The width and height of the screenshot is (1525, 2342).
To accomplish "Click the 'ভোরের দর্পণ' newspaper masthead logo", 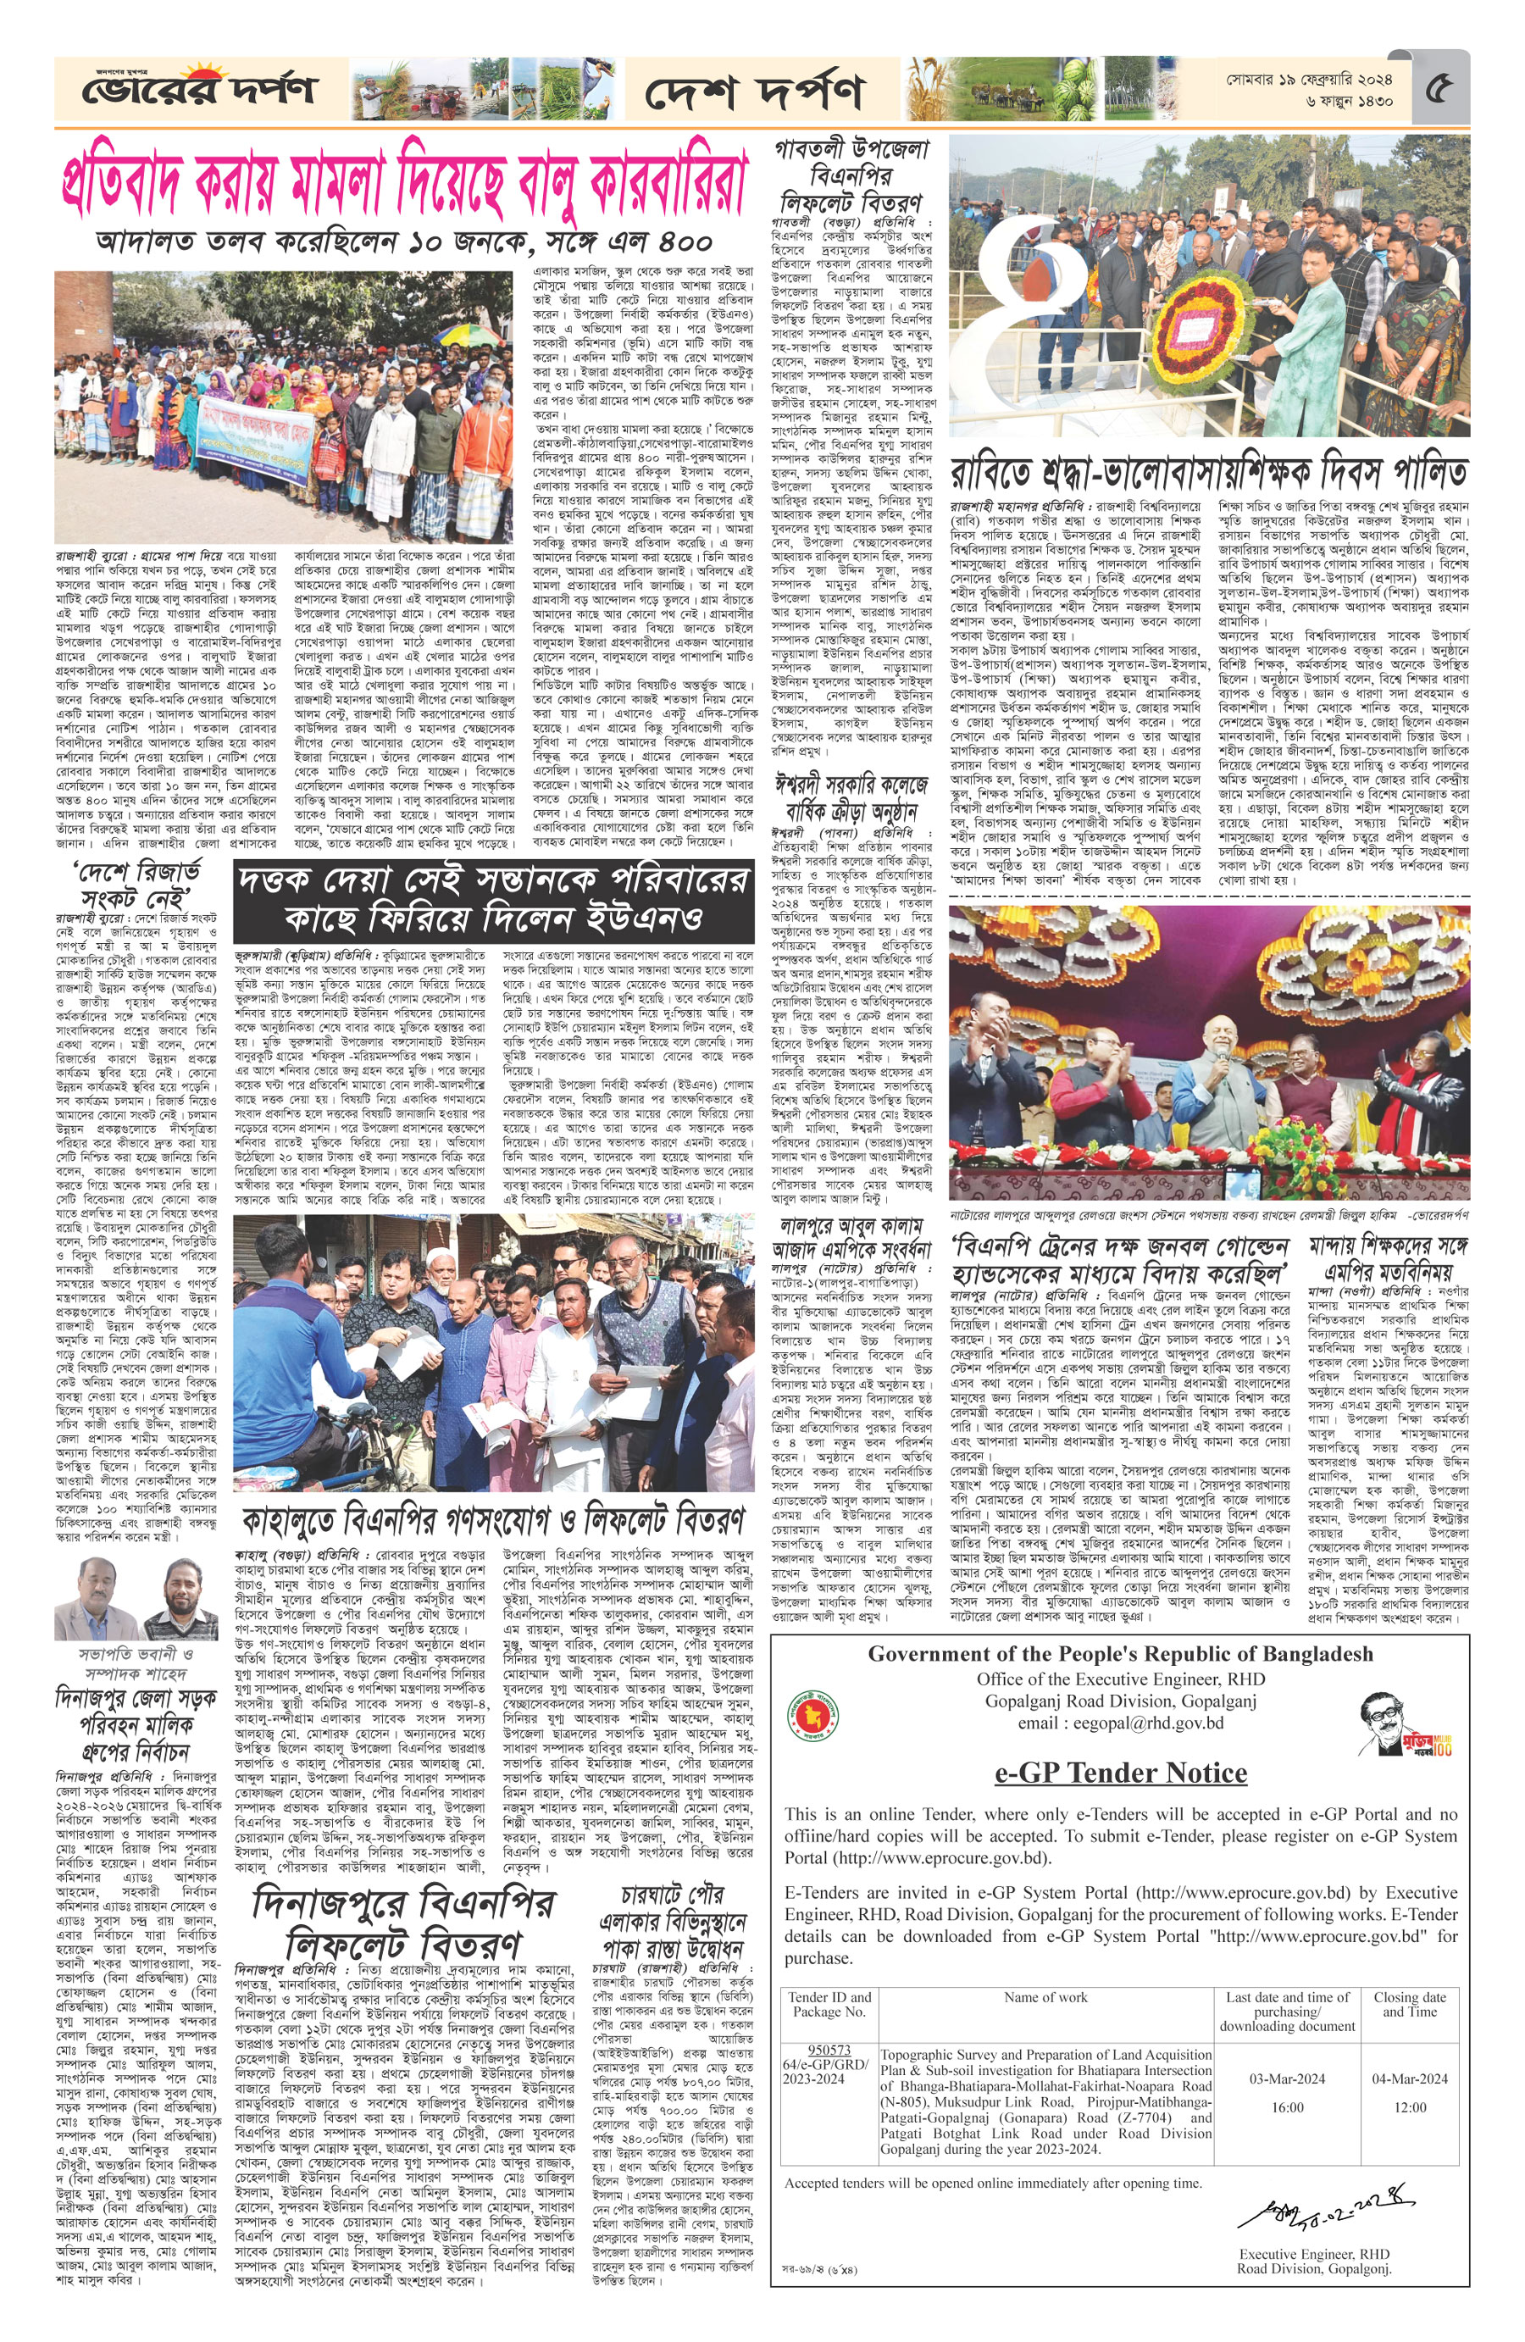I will click(200, 89).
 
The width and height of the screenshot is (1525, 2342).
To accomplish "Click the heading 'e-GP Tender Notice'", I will click(1121, 1773).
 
